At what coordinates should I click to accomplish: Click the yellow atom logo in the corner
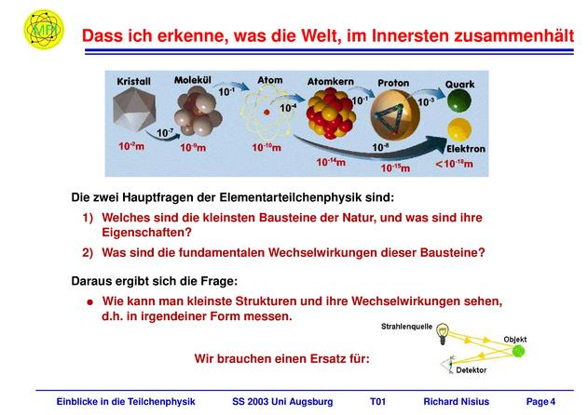pos(44,29)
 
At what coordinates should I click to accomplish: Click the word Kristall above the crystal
pos(133,82)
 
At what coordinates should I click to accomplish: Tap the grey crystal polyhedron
pos(134,111)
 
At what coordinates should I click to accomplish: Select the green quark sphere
pos(459,100)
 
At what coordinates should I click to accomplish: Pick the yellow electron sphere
pos(459,129)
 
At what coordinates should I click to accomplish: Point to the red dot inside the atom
pos(267,112)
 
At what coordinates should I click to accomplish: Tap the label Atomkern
pos(331,82)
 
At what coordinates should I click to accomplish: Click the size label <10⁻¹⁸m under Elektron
pos(454,164)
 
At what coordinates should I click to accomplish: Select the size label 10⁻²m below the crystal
pos(131,146)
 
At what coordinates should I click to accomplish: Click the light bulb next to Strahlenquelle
pos(443,333)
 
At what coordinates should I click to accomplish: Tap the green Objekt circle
pos(518,351)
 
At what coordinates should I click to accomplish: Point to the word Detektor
pos(471,370)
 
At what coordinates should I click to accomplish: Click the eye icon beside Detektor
pos(447,364)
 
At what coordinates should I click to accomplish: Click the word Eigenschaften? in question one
pos(146,233)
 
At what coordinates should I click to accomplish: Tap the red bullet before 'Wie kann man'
pos(89,301)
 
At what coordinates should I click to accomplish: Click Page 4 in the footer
pos(540,402)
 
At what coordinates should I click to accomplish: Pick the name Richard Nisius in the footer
pos(456,402)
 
